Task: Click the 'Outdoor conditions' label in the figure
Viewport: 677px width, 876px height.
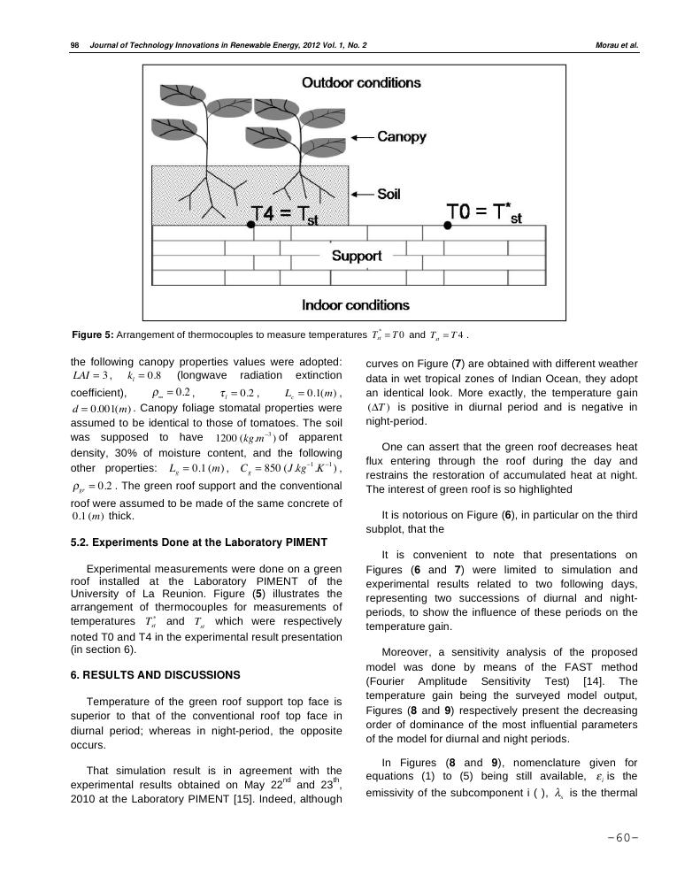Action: click(361, 83)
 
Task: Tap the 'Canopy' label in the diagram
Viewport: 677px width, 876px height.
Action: click(402, 137)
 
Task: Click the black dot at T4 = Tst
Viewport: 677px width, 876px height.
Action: click(250, 226)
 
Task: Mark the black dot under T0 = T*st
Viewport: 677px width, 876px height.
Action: click(447, 226)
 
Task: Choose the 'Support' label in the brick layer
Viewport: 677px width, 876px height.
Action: click(356, 256)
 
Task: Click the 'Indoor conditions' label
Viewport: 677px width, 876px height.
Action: click(356, 304)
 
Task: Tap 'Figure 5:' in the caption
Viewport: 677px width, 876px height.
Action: click(92, 335)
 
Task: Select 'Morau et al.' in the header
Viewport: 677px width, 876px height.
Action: click(617, 44)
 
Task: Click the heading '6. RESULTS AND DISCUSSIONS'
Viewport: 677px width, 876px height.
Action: click(155, 675)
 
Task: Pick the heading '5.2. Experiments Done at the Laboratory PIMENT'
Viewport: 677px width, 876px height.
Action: click(198, 542)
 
